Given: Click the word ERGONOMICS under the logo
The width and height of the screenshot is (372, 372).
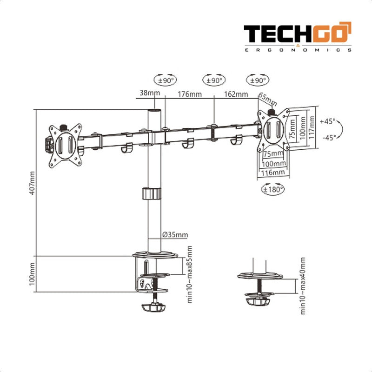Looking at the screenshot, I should [x=298, y=50].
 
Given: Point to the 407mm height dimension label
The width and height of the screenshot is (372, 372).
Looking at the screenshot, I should [x=32, y=184].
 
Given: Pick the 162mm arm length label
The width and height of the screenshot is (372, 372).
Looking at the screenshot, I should [x=236, y=94].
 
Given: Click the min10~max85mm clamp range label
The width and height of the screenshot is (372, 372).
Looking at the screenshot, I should [x=190, y=274].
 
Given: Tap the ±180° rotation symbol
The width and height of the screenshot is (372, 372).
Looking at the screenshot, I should [x=272, y=189].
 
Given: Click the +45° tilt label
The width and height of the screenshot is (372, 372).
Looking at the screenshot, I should [x=327, y=121].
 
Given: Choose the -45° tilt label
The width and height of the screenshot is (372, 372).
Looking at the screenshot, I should [x=328, y=137].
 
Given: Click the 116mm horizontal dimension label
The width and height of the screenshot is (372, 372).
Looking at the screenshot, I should [x=272, y=173].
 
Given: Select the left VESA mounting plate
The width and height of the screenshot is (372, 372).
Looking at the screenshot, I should [x=65, y=143].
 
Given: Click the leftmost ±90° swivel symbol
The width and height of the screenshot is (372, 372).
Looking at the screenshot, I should [x=166, y=80].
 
